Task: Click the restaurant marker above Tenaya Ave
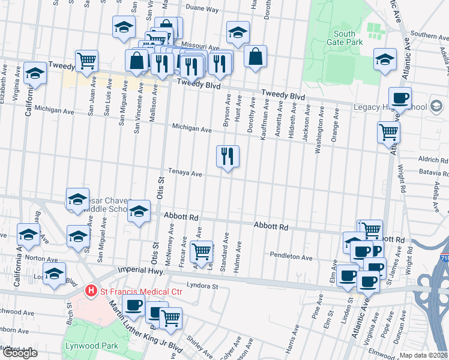[228, 157]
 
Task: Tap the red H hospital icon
[91, 292]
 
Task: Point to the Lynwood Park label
[85, 346]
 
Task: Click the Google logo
[19, 353]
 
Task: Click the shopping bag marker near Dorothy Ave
[255, 57]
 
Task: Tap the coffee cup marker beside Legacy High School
[399, 98]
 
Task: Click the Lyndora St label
[202, 286]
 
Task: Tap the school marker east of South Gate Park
[385, 60]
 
